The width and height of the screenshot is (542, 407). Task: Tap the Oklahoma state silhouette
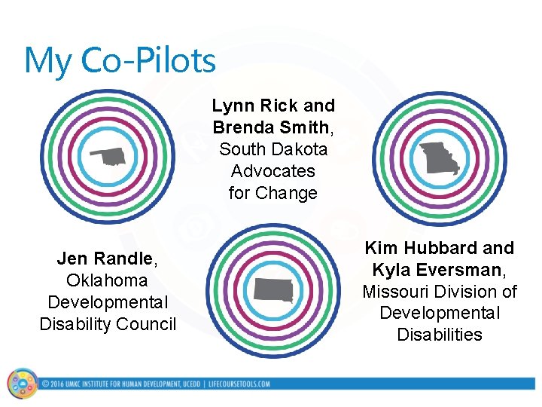109,157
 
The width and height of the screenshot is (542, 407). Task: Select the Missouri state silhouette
440,158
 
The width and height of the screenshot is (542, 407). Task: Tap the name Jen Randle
105,259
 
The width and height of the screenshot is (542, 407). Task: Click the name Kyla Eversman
437,270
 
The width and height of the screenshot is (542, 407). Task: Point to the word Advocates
273,171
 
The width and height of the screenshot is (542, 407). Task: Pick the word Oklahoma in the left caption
107,280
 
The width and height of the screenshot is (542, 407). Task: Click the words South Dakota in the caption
273,149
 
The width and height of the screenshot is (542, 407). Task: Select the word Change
287,193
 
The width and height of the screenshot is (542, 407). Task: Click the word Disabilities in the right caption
440,335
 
